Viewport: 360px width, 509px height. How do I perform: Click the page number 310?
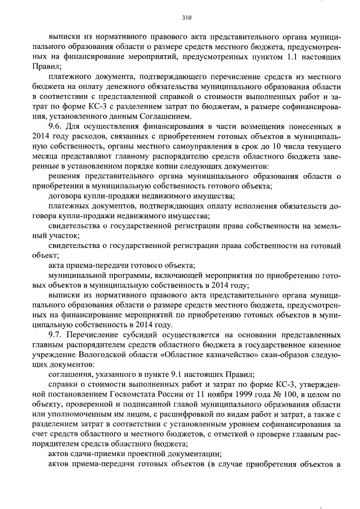[x=179, y=17]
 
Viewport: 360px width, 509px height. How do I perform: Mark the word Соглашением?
[x=163, y=116]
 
